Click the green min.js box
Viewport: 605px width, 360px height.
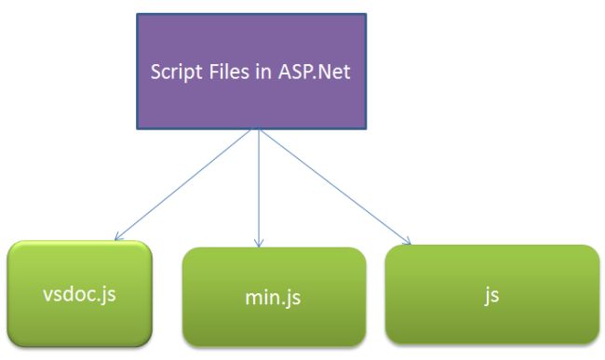pyautogui.click(x=274, y=296)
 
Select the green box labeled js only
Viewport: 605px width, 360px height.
pyautogui.click(x=491, y=294)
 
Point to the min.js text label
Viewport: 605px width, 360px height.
pyautogui.click(x=274, y=300)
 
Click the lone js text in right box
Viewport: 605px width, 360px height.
pyautogui.click(x=491, y=297)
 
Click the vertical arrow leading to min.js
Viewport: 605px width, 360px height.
pyautogui.click(x=260, y=186)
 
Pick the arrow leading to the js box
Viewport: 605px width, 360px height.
pyautogui.click(x=335, y=187)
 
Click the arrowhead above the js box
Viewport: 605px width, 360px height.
pyautogui.click(x=406, y=242)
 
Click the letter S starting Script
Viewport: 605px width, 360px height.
pyautogui.click(x=156, y=72)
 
